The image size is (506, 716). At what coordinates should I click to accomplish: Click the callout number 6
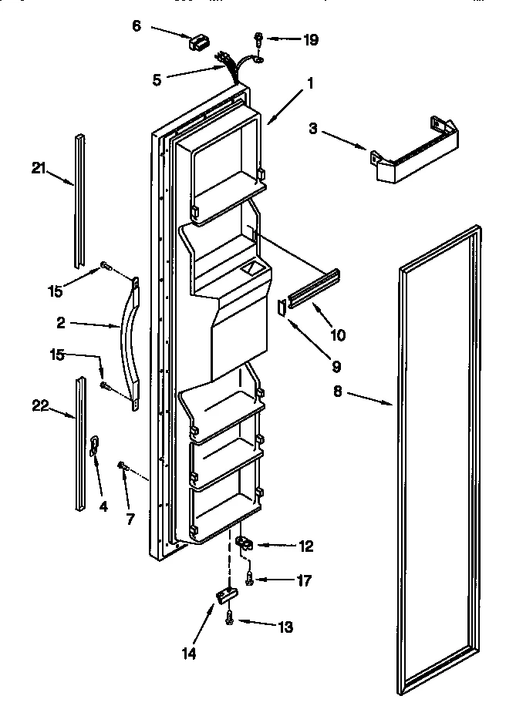137,25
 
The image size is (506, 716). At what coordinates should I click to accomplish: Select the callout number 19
310,39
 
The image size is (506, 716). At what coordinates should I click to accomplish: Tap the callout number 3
313,129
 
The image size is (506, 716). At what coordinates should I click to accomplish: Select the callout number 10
338,335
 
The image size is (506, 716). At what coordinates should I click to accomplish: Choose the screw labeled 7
123,465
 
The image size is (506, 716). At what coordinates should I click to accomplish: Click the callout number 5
157,78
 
